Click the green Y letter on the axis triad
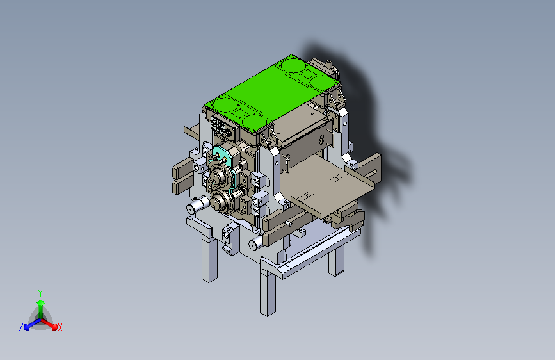coord(40,293)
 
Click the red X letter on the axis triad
coord(60,327)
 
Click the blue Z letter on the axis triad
coord(21,327)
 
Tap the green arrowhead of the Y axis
coord(41,302)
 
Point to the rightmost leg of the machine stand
coord(336,261)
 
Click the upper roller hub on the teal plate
coord(220,174)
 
